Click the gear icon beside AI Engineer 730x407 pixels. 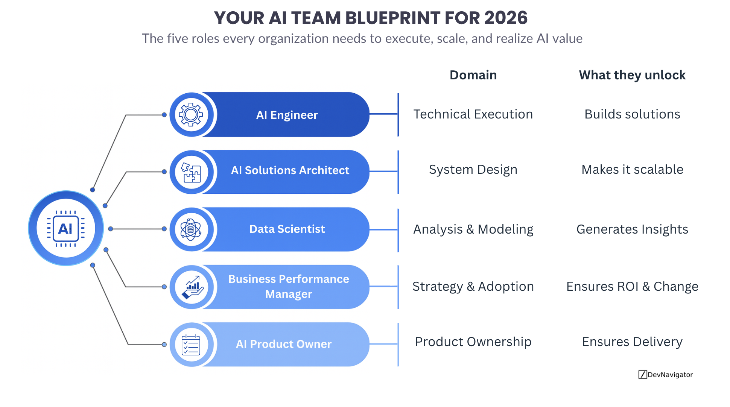[x=191, y=115]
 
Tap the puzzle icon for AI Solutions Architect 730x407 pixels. [x=191, y=172]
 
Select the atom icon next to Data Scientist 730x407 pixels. [x=191, y=229]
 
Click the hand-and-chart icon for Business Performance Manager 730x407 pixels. [x=192, y=287]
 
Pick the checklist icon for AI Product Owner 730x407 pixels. [x=191, y=345]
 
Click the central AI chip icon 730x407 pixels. [x=66, y=228]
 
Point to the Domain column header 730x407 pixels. [x=473, y=75]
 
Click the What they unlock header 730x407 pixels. [x=632, y=75]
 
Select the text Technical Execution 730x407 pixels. [x=473, y=114]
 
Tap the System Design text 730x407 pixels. [x=473, y=170]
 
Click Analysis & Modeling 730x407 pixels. [x=473, y=229]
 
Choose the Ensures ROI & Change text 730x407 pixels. [x=632, y=287]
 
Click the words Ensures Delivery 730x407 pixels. [x=632, y=342]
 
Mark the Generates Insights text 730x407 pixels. [x=632, y=229]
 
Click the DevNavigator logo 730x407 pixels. [x=665, y=375]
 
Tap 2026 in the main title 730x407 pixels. [x=506, y=18]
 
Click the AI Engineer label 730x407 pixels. [x=287, y=115]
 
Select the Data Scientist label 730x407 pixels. [x=287, y=229]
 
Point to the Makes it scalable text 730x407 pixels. [x=632, y=170]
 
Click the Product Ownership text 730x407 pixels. [x=473, y=342]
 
